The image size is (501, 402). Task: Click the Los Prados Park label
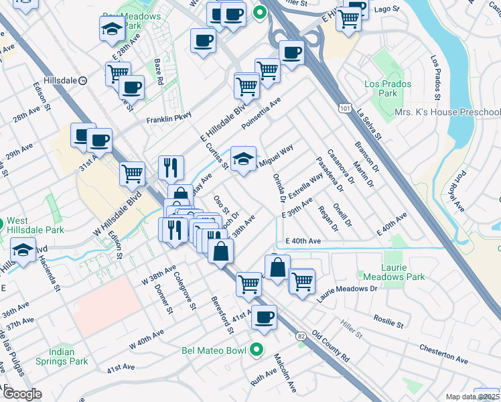tap(380, 89)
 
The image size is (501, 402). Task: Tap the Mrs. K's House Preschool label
tap(447, 112)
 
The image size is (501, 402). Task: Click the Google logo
tap(22, 393)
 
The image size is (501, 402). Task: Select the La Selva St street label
tap(369, 126)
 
